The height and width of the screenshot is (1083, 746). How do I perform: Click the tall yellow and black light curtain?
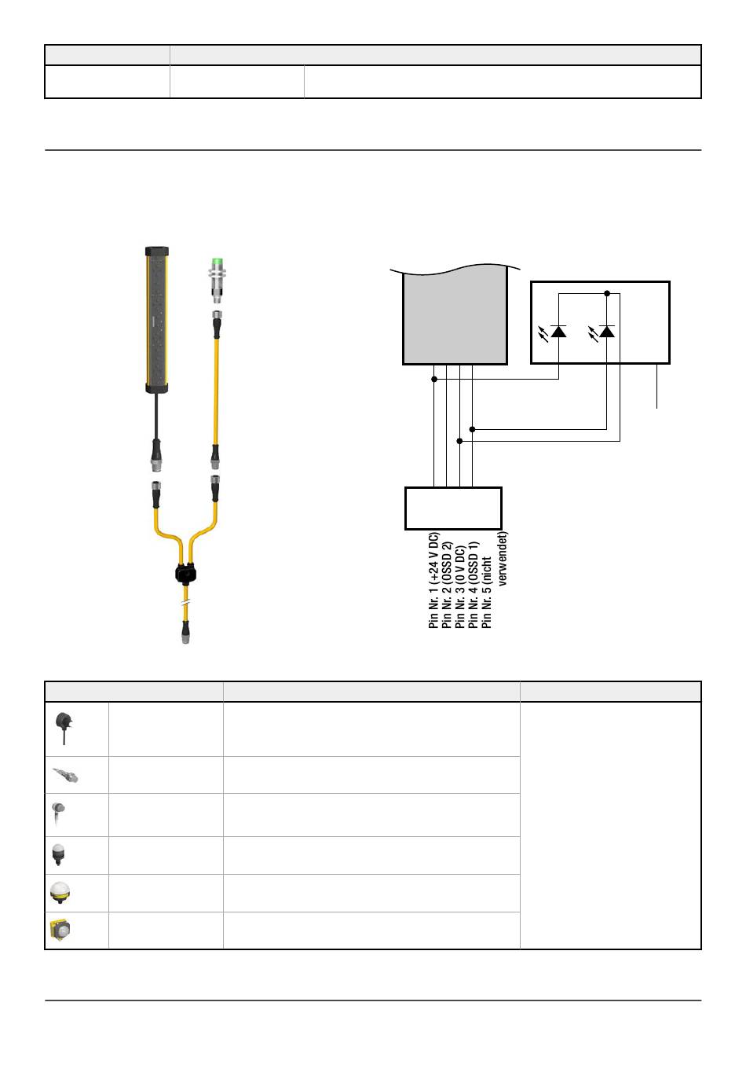pos(156,320)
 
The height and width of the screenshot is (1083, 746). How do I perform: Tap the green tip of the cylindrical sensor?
pos(218,262)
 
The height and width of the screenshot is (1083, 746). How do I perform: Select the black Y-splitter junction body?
pos(185,574)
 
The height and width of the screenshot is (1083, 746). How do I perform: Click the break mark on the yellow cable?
pos(185,602)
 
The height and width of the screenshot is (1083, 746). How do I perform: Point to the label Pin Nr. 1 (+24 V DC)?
pos(433,580)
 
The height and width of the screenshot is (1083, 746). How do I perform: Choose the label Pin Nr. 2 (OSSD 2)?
pos(447,585)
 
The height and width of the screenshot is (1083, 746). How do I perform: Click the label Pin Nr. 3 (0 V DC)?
pos(459,587)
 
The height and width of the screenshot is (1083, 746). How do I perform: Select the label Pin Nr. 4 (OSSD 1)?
pos(473,585)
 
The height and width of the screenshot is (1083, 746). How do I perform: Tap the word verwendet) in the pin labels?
pos(503,559)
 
